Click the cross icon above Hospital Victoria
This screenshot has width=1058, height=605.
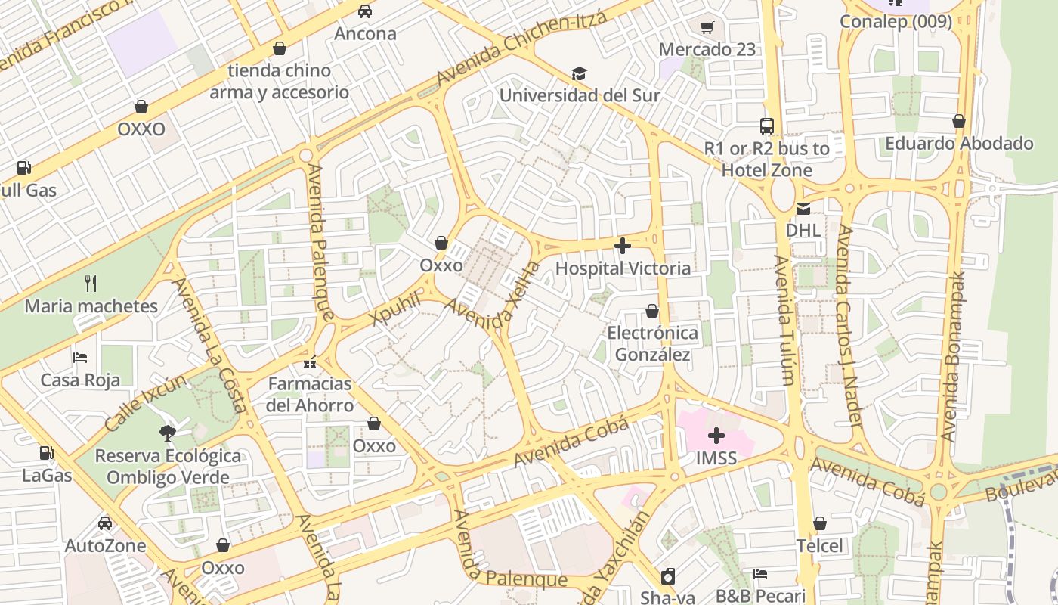coord(623,246)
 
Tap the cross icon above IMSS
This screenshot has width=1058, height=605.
coord(716,436)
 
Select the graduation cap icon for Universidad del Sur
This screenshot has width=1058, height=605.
coord(579,73)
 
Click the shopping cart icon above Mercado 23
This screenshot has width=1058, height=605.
coord(707,28)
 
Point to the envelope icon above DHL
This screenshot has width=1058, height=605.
coord(803,209)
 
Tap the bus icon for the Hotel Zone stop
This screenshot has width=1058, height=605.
coord(767,126)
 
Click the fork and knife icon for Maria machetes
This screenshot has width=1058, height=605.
coord(91,284)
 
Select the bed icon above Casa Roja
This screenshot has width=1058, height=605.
coord(80,357)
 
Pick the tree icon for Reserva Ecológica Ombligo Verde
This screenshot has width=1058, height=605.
coord(168,433)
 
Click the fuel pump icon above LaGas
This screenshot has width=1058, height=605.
coord(47,453)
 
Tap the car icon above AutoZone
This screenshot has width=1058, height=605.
coord(105,523)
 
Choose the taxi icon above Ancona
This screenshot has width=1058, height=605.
coord(365,11)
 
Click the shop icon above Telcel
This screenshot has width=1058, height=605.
coord(820,523)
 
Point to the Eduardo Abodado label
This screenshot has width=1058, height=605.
coord(959,143)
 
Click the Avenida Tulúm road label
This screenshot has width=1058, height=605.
coord(784,320)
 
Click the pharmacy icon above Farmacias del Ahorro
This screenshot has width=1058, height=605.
coord(310,362)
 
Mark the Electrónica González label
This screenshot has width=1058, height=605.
coord(651,343)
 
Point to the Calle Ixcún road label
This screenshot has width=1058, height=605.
coord(145,402)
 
